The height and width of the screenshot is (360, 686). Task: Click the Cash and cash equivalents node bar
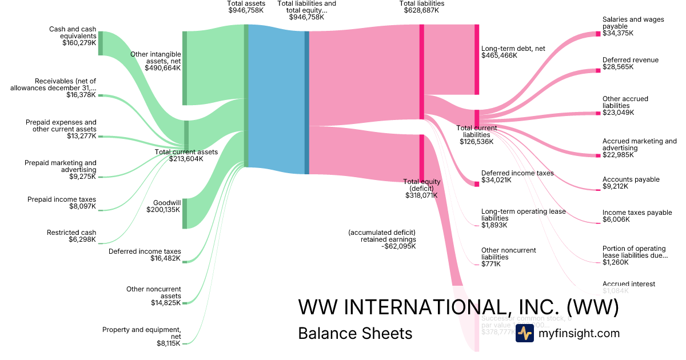[101, 43]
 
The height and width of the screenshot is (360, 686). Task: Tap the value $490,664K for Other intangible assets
[163, 67]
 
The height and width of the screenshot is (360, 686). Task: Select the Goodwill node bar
[185, 213]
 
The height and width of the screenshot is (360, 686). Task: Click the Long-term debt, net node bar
[477, 59]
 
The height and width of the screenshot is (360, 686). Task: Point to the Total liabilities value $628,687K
[421, 10]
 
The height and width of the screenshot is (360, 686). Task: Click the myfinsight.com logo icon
[524, 333]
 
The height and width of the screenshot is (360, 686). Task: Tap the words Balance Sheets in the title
[355, 333]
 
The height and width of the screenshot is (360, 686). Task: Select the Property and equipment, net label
[142, 333]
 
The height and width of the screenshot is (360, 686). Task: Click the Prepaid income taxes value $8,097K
[82, 206]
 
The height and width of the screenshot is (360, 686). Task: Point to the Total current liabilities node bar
[477, 119]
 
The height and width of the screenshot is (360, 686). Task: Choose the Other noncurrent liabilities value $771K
[490, 264]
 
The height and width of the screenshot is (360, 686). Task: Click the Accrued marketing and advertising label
[639, 145]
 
